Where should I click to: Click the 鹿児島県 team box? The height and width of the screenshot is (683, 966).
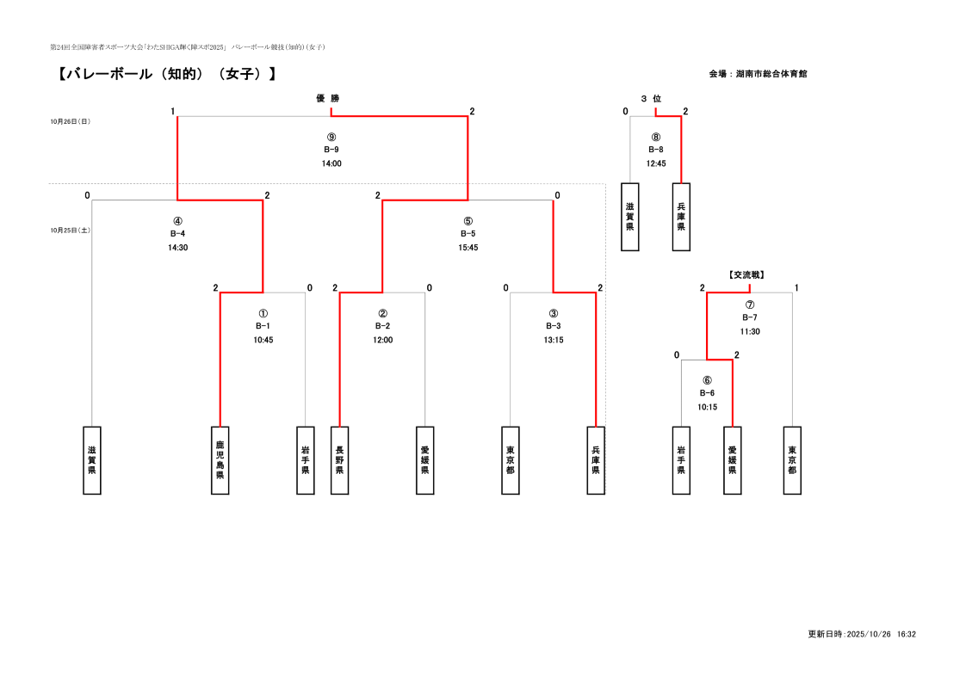pos(220,460)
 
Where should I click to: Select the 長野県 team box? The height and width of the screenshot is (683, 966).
pos(339,460)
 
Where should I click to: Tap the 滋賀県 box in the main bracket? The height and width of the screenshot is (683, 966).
pos(92,460)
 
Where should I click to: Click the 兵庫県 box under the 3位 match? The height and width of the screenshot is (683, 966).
pos(681,217)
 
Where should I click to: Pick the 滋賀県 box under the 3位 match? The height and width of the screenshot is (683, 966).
pos(630,217)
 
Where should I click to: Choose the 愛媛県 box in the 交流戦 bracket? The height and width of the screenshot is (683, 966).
pos(732,460)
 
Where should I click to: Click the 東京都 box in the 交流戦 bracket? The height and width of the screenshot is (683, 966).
pos(792,460)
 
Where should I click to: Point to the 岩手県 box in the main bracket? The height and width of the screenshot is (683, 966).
pos(306,460)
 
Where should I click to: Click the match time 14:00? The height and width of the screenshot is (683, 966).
pos(331,163)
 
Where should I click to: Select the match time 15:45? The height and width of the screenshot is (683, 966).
pos(468,248)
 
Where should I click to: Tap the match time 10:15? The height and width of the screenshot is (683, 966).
pos(707,407)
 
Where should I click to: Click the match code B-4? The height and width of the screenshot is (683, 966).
pos(177,234)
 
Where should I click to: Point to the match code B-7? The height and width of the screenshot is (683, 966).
pos(749,317)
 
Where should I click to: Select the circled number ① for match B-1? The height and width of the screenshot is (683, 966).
pos(263,313)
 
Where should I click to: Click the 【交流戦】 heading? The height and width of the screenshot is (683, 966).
pos(746,275)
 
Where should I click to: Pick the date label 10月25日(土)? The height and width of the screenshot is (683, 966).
pos(71,231)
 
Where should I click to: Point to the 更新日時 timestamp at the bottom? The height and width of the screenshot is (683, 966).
pos(861,634)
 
